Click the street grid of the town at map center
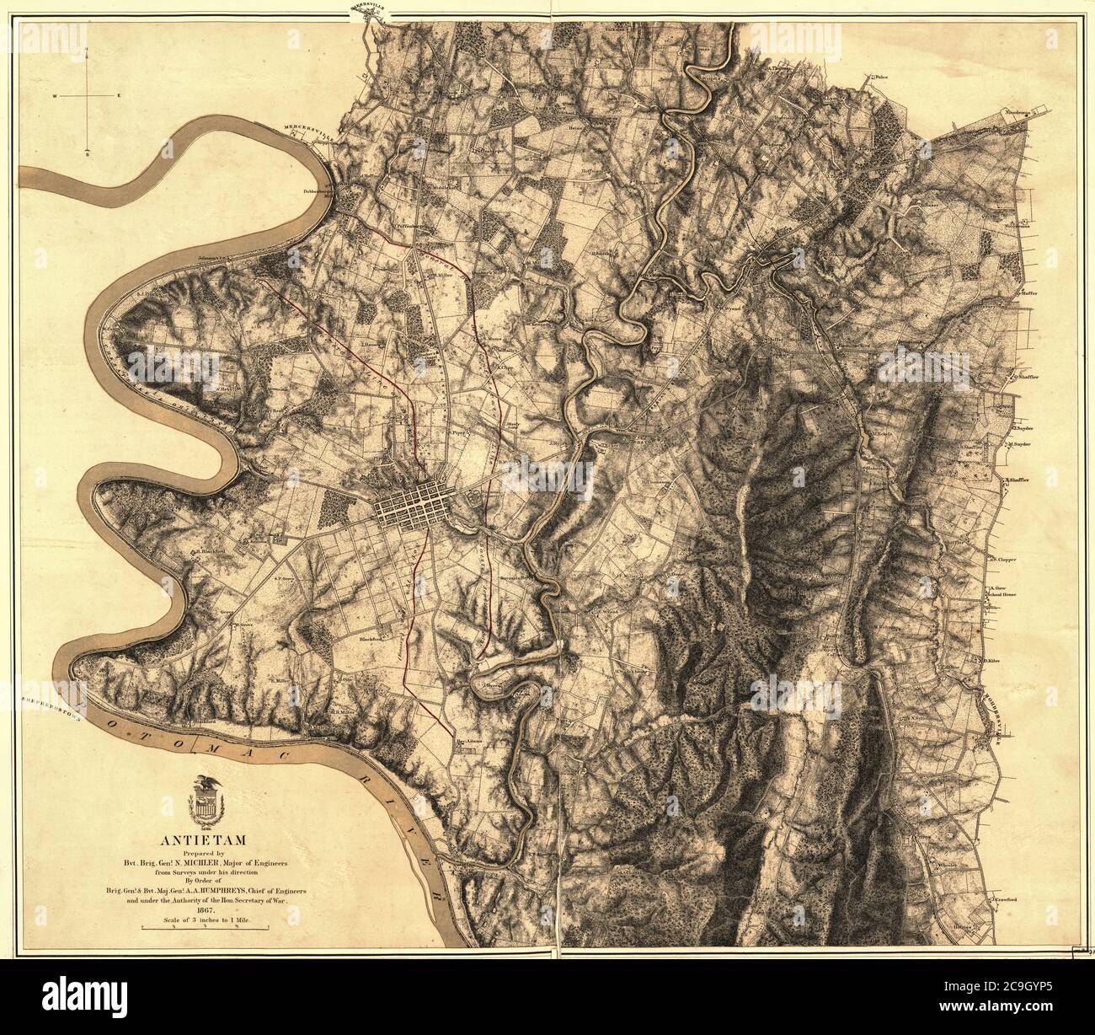413,503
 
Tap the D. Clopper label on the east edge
1002,557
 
